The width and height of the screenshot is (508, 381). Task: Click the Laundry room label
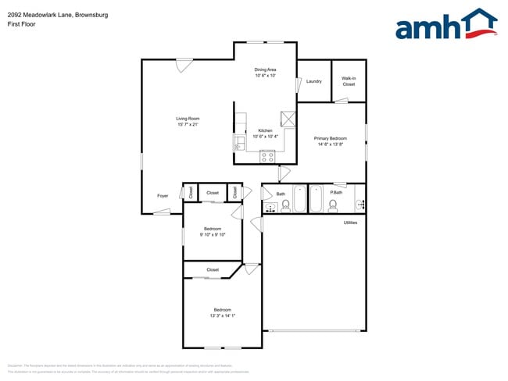(314, 81)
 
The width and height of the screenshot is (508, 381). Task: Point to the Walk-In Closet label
(349, 81)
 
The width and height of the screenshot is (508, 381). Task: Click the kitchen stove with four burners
(268, 156)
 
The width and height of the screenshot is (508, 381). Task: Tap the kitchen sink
(239, 142)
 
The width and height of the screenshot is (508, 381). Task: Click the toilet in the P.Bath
(333, 206)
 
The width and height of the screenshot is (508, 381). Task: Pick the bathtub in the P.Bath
(317, 198)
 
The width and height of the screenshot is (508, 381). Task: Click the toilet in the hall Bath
(286, 206)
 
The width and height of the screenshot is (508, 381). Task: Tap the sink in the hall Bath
(270, 208)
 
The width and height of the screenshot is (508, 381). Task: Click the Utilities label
(351, 223)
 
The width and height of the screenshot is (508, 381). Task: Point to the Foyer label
(163, 196)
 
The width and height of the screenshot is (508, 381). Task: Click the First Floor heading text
(23, 23)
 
